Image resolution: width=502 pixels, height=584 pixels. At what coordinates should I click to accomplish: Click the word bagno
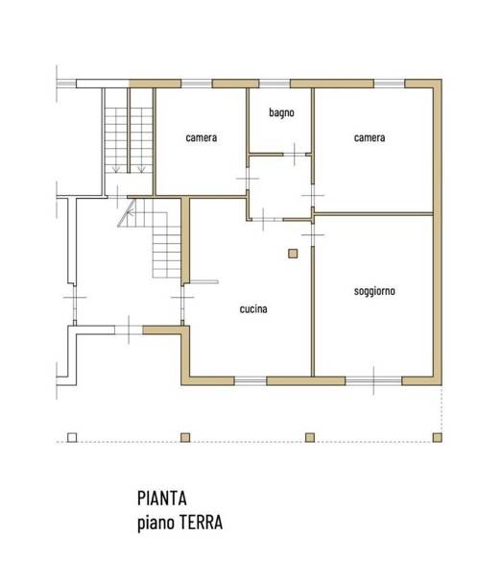point(281,112)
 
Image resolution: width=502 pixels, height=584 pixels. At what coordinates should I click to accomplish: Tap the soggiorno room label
point(374,290)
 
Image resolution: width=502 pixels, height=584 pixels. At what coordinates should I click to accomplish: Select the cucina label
point(253,309)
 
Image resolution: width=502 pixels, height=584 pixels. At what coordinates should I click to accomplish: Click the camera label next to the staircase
point(202,137)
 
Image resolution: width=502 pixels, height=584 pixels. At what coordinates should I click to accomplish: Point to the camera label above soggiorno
point(370,137)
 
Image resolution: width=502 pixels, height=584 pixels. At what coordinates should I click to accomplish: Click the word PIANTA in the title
point(161,499)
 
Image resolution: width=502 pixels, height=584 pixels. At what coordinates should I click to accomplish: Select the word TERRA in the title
point(199,523)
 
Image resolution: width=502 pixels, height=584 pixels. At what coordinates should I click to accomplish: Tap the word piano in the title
point(154,523)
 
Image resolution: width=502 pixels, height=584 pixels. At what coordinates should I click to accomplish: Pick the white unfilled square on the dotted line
point(72,437)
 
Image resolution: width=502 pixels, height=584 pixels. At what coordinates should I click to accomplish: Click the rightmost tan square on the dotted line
point(438,437)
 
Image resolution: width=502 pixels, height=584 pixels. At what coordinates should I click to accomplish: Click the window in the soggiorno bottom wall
point(374,381)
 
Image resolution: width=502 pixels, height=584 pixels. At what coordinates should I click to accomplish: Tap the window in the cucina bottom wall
point(251,381)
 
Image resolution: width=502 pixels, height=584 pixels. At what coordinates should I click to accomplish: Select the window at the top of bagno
point(272,85)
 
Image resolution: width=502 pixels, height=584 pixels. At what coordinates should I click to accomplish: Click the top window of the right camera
point(389,85)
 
